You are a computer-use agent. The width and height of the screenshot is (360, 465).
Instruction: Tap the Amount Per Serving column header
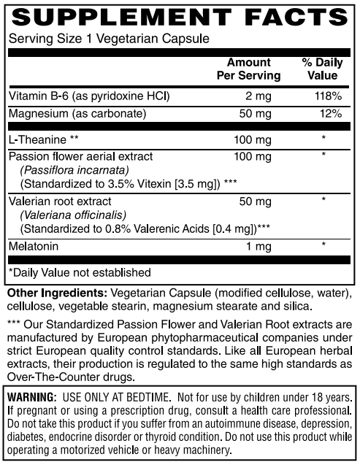coord(248,69)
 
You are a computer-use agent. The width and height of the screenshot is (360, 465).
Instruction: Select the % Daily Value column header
coord(322,69)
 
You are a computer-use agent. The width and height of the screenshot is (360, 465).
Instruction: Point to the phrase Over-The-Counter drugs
coord(69,377)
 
